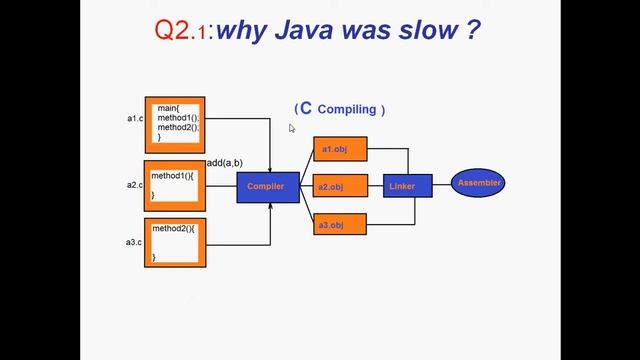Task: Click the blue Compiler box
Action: pyautogui.click(x=267, y=187)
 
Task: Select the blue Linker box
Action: pyautogui.click(x=407, y=186)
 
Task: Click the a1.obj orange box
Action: pyautogui.click(x=340, y=149)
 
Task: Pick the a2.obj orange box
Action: pyautogui.click(x=340, y=186)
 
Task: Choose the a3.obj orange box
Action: pyautogui.click(x=340, y=224)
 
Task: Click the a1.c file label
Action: pyautogui.click(x=134, y=119)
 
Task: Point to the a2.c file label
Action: pyautogui.click(x=134, y=185)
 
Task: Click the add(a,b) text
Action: pyautogui.click(x=224, y=163)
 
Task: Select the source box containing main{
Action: pyautogui.click(x=175, y=125)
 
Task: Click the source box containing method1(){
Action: pyautogui.click(x=175, y=185)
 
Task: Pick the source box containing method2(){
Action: pyautogui.click(x=175, y=243)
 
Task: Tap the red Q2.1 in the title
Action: pyautogui.click(x=181, y=31)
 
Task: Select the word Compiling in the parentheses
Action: pyautogui.click(x=347, y=109)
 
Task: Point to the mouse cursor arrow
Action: pyautogui.click(x=292, y=127)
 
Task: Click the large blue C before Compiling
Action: pyautogui.click(x=306, y=108)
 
